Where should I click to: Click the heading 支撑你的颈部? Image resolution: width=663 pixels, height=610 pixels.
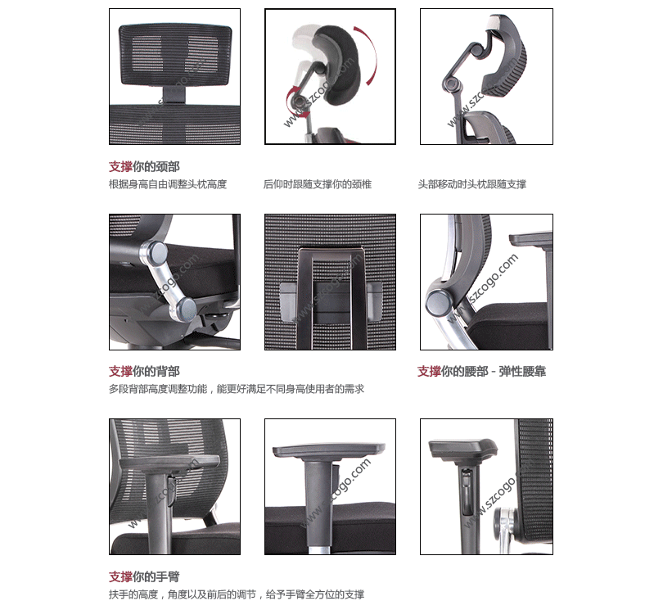(144, 167)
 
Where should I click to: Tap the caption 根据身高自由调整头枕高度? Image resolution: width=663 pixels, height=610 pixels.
(168, 184)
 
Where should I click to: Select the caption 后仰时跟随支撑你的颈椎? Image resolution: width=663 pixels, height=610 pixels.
(318, 184)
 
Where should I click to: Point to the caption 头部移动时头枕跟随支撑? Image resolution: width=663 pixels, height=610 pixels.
(472, 184)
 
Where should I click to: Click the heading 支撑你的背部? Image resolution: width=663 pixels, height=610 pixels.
(144, 372)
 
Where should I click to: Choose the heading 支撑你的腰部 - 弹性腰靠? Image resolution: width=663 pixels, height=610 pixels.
(481, 372)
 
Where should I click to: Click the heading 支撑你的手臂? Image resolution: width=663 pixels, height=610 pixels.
(144, 576)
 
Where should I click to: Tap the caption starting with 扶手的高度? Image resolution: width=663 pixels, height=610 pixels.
(237, 594)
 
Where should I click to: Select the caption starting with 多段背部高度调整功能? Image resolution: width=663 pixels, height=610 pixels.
(237, 389)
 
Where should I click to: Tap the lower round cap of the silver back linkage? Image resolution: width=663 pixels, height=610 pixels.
(184, 309)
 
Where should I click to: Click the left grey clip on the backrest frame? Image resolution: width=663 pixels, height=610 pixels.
(287, 301)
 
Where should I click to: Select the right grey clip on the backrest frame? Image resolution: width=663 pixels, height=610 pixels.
(375, 300)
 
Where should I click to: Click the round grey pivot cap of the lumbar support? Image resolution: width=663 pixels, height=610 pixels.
(439, 302)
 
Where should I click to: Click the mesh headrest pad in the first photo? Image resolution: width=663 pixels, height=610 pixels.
(175, 54)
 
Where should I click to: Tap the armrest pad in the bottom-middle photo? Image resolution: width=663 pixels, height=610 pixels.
(329, 450)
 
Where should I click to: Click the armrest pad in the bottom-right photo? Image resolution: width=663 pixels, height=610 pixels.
(462, 450)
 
